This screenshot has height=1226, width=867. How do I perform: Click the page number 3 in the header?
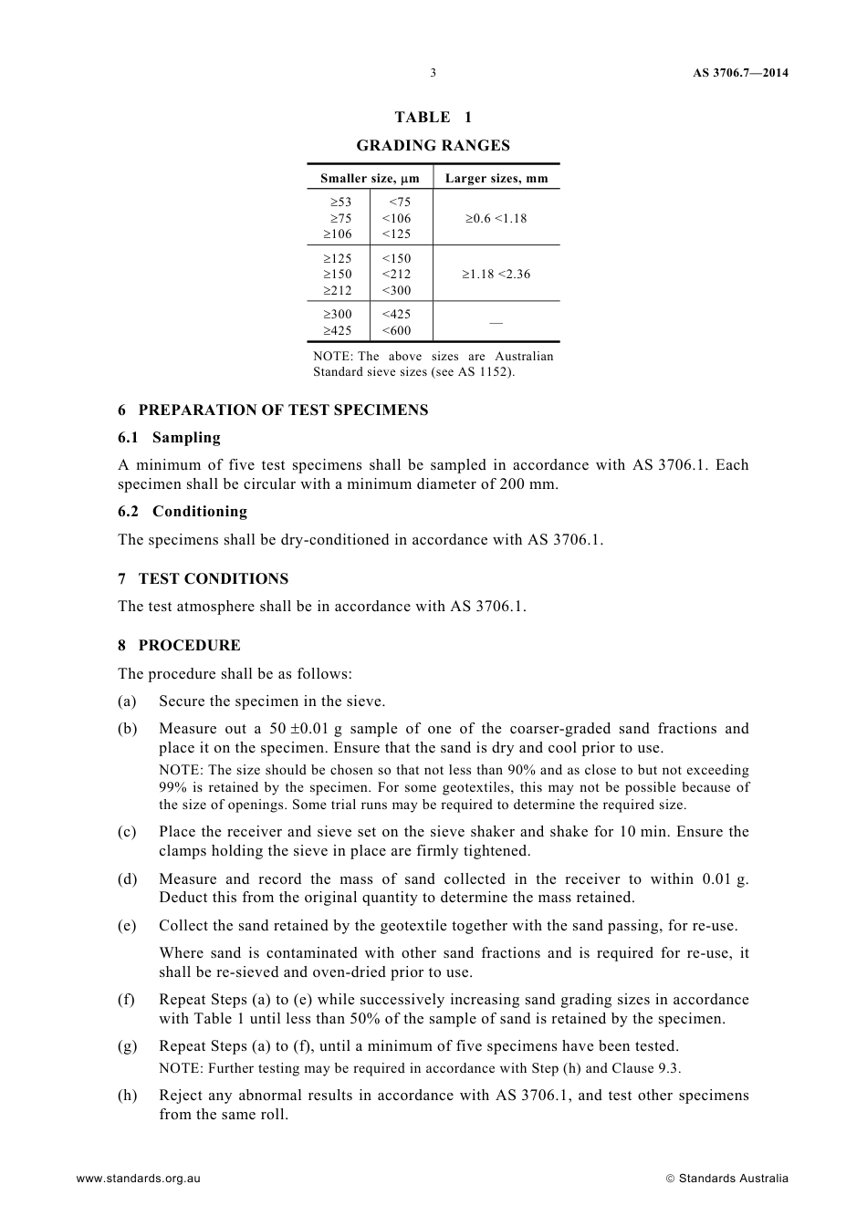(x=433, y=73)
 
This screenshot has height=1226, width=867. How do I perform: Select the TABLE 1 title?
(x=433, y=117)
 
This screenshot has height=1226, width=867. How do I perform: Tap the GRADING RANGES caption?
(x=433, y=145)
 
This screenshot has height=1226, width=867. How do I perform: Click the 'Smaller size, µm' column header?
(x=370, y=178)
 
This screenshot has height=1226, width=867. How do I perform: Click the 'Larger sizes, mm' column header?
(x=496, y=178)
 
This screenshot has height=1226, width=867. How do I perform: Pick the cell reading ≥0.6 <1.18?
(x=496, y=218)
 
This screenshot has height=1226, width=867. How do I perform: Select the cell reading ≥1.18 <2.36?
(x=496, y=274)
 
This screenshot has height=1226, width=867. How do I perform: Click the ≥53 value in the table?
(x=341, y=202)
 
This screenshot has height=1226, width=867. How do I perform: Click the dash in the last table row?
(x=496, y=322)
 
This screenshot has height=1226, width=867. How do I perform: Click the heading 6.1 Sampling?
(x=169, y=437)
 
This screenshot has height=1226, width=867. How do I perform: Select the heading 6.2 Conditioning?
(x=183, y=511)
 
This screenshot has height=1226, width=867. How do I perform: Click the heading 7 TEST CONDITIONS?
(x=203, y=578)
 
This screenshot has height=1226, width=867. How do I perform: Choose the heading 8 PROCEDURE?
(x=179, y=645)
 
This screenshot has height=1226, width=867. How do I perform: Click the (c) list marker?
(x=127, y=831)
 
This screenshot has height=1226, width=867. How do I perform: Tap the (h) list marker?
(x=127, y=1095)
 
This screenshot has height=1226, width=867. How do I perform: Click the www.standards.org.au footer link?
(x=138, y=1178)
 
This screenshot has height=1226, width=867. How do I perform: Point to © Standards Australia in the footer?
(x=726, y=1178)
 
